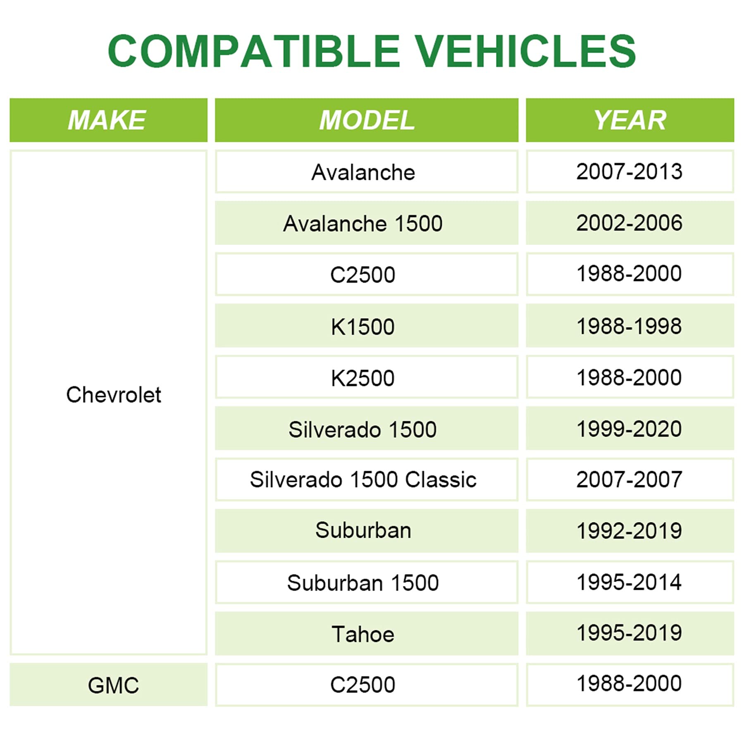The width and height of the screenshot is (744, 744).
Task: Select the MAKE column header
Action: point(108,120)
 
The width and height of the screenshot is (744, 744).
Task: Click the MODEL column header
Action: point(367,120)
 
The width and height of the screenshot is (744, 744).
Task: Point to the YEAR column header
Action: point(630,120)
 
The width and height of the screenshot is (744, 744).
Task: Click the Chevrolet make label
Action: point(114,395)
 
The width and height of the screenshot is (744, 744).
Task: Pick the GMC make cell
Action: point(108,685)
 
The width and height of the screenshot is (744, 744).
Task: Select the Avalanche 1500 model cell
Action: point(367,223)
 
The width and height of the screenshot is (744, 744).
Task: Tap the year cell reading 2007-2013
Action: point(630,172)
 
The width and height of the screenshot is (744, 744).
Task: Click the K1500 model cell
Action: point(367,326)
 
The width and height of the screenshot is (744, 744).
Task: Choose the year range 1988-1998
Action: point(630,326)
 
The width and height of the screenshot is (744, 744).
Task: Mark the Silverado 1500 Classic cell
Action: point(367,479)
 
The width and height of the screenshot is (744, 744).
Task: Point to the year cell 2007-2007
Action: point(630,479)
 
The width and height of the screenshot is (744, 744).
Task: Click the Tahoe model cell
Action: point(367,634)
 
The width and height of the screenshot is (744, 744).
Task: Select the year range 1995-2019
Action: point(630,634)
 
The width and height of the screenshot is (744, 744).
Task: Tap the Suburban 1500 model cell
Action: point(367,582)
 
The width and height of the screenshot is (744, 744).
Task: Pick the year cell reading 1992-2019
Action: point(630,531)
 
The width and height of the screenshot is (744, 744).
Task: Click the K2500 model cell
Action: point(367,377)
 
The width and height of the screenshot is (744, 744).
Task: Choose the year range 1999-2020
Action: point(630,428)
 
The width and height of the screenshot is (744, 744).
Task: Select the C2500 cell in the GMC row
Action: point(367,685)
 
